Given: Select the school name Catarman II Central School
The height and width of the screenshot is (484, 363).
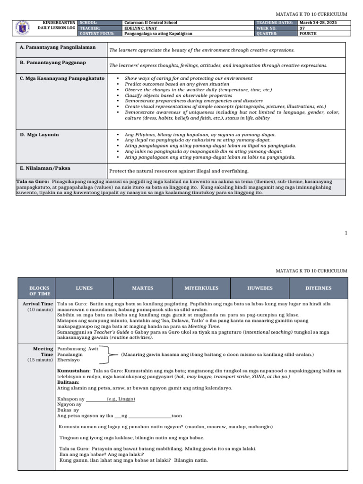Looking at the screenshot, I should [150, 23].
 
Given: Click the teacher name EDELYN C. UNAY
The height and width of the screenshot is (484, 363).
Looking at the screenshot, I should [141, 28].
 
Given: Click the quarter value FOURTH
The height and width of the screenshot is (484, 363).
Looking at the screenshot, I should [309, 34].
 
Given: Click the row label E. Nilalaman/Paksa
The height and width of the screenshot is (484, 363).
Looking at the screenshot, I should [45, 167].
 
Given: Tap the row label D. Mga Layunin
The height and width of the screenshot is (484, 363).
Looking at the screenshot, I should [40, 135].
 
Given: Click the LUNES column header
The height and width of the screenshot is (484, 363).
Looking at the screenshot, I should [84, 288].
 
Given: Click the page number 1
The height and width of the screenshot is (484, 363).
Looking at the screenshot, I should [346, 233].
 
